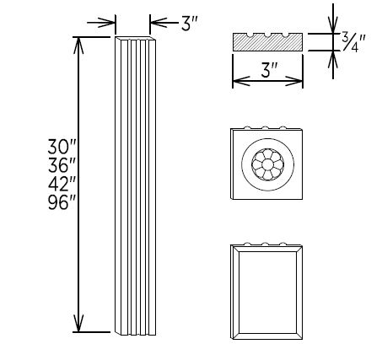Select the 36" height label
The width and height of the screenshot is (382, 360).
60,164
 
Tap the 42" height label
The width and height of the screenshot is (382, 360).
60,183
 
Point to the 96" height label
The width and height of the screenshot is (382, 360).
60,202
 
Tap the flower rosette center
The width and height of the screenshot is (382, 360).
266,163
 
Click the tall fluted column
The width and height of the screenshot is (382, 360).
135,185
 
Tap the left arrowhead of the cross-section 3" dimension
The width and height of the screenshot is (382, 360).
237,82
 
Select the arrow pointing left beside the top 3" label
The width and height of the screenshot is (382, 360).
155,23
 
